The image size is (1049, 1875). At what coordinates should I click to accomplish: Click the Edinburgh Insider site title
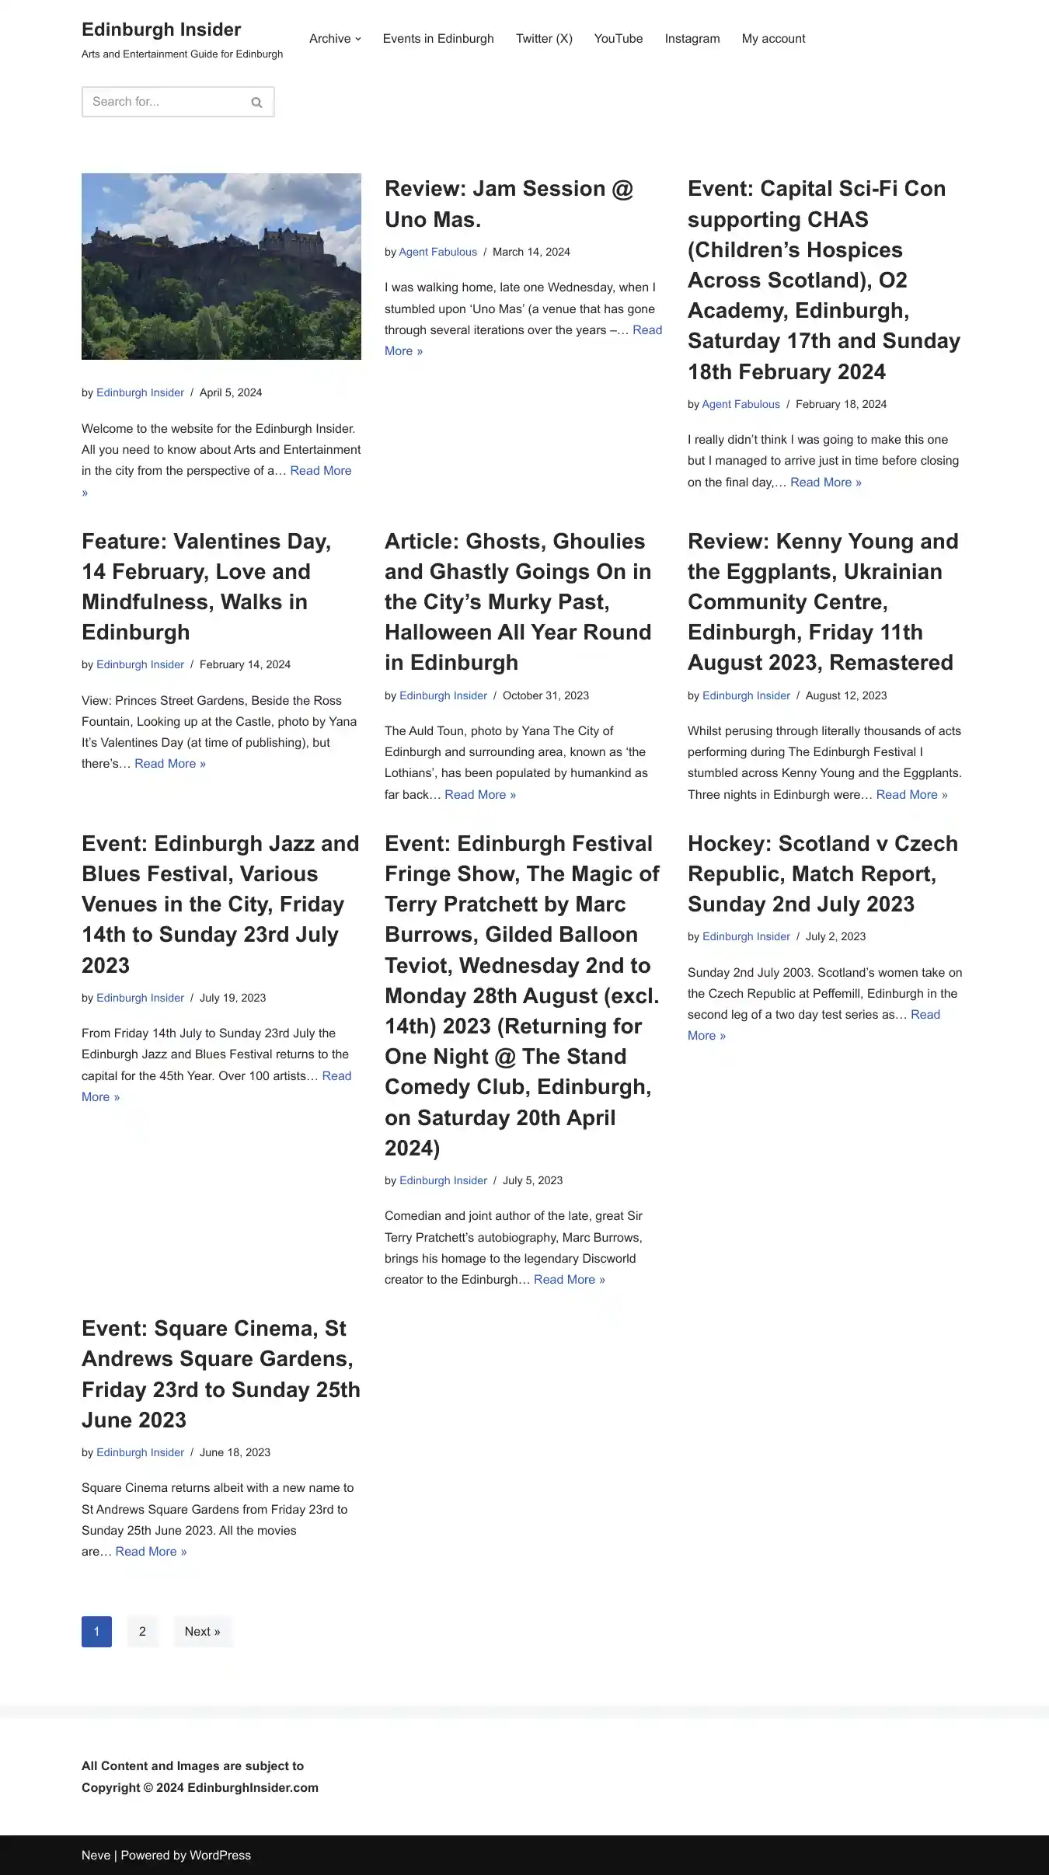161,30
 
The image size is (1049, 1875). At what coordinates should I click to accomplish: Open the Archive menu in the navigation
335,39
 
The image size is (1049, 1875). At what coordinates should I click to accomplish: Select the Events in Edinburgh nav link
438,39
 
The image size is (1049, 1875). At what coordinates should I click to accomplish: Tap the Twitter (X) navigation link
544,39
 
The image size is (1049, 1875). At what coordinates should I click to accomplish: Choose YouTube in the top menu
619,39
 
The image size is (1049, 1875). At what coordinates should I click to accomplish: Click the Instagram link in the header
692,39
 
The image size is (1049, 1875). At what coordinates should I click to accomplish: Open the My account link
773,39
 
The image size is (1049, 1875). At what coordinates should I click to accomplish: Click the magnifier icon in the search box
256,103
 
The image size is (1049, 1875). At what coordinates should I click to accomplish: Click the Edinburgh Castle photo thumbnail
221,266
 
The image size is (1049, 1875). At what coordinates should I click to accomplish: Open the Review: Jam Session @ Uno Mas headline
509,204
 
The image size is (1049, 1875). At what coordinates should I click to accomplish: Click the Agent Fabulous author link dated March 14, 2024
438,252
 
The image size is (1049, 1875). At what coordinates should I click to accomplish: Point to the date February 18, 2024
841,404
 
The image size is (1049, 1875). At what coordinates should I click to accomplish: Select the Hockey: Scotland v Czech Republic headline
822,873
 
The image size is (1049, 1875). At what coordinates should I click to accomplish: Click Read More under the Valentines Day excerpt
170,764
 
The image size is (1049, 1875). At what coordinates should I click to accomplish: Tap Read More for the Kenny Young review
911,795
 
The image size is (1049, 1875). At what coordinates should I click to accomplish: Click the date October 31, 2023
545,695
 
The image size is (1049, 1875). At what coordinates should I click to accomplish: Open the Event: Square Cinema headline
221,1374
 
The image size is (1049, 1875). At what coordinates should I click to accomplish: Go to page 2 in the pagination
142,1632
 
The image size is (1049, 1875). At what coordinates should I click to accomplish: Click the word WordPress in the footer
220,1856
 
